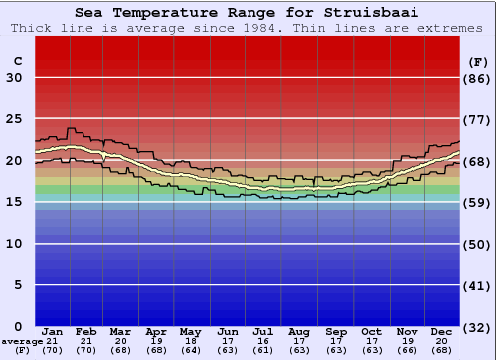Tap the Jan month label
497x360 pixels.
tap(53, 332)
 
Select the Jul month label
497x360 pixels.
tap(263, 332)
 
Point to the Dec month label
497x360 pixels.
tap(441, 332)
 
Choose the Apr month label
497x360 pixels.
tap(157, 332)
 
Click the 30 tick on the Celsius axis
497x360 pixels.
tap(15, 78)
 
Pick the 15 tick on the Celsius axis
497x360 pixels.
tap(15, 202)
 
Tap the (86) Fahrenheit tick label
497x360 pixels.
tap(478, 78)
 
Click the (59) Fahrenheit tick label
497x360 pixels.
tap(478, 202)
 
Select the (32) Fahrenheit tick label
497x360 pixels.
tap(478, 327)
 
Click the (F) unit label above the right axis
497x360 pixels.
tap(478, 61)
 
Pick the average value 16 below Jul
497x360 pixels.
tap(263, 341)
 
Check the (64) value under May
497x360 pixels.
tap(192, 350)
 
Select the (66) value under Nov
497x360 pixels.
tap(407, 350)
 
